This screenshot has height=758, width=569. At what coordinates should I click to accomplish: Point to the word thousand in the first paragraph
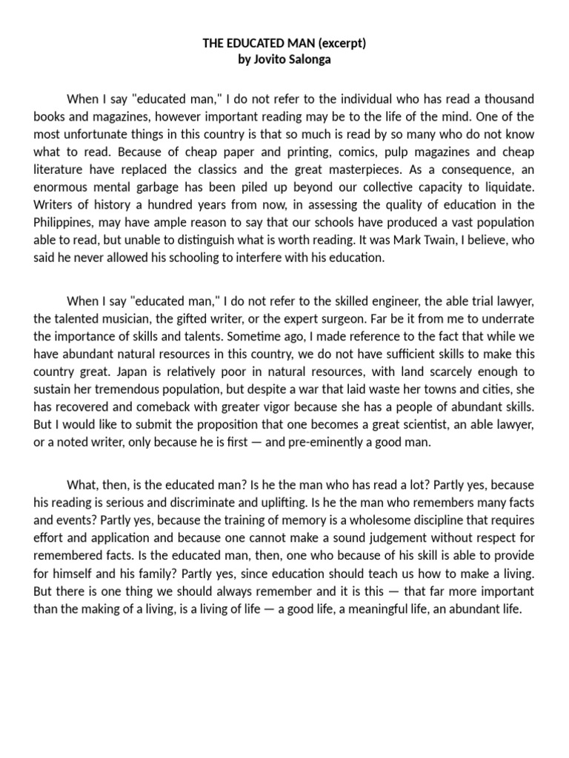pyautogui.click(x=508, y=98)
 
